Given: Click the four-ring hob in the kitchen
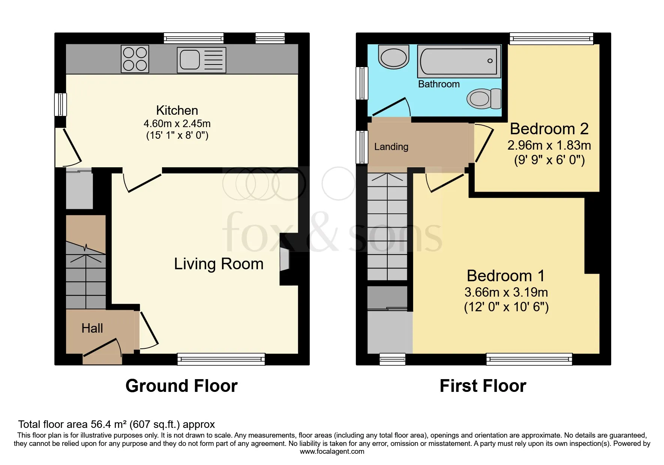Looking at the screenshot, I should (135, 59).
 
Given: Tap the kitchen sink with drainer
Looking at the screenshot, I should (201, 60).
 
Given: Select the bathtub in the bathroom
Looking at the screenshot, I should (459, 61).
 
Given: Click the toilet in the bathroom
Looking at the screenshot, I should (484, 99).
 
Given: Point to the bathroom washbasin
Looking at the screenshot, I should (394, 57).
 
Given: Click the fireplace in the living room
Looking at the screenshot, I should (285, 259).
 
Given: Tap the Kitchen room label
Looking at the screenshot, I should (177, 110).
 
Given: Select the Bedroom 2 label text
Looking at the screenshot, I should (549, 129).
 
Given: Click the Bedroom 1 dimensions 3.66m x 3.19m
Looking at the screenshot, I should (506, 292).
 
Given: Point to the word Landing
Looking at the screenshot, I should (391, 147).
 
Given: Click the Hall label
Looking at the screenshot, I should (92, 328).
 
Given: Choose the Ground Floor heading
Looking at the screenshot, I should (181, 386).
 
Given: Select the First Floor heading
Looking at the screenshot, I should (483, 386).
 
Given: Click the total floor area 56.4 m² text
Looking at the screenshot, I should (116, 424).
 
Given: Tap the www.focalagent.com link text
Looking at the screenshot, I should (332, 451).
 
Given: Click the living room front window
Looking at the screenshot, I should (221, 359).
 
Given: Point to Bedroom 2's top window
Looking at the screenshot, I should (551, 38).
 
